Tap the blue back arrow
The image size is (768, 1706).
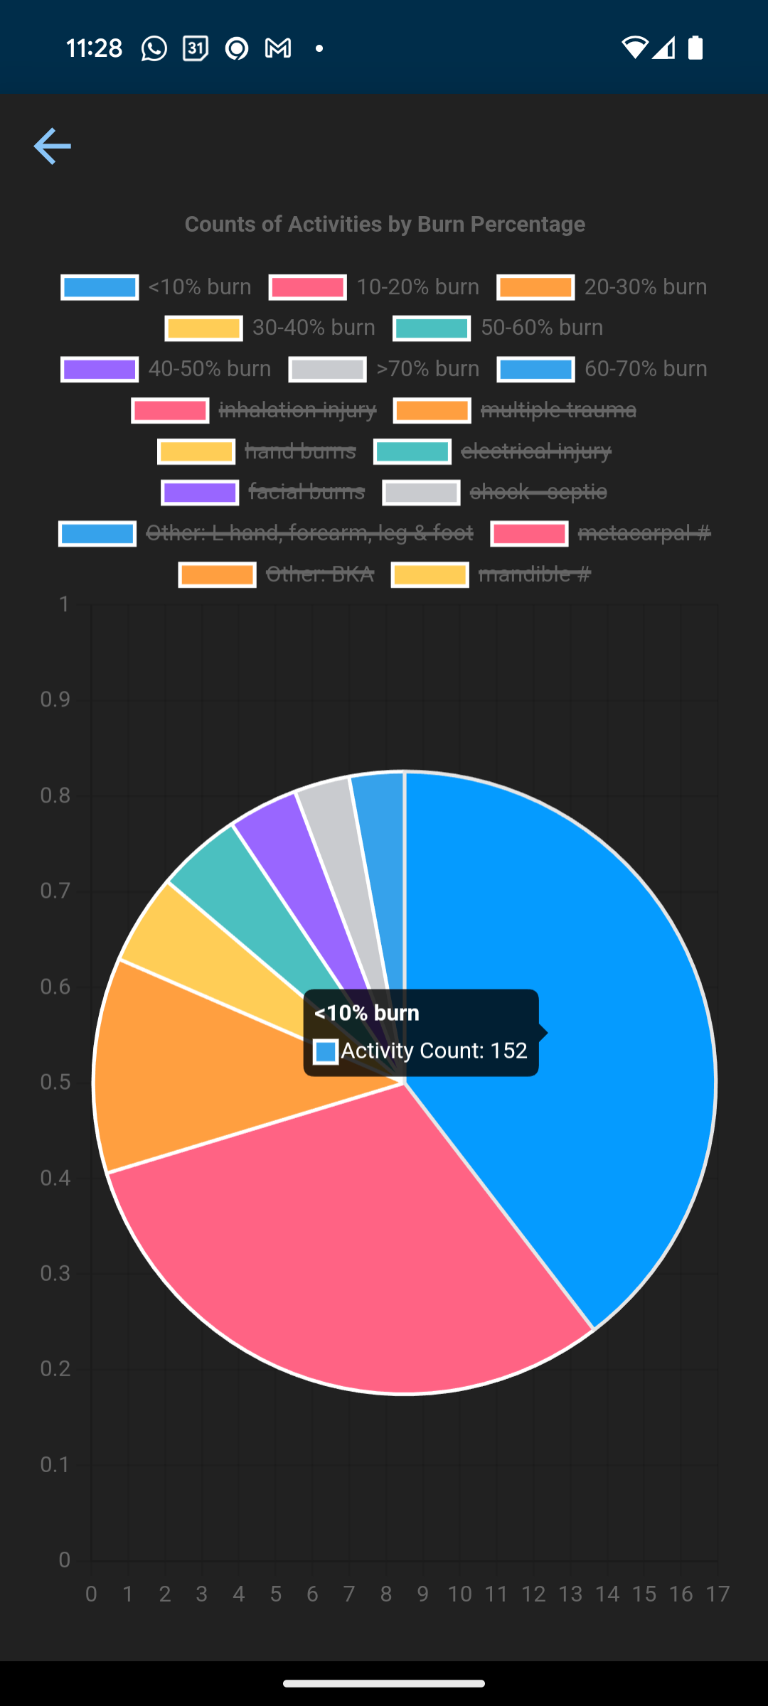pyautogui.click(x=52, y=146)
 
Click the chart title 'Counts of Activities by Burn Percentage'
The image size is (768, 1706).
pyautogui.click(x=385, y=225)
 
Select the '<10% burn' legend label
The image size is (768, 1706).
pyautogui.click(x=199, y=287)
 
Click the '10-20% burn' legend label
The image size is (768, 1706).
pyautogui.click(x=417, y=287)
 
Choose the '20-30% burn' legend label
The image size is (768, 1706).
pyautogui.click(x=645, y=287)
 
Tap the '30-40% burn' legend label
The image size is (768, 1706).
pyautogui.click(x=314, y=328)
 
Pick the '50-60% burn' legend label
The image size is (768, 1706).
pyautogui.click(x=541, y=328)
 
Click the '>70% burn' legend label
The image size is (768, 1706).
pyautogui.click(x=427, y=369)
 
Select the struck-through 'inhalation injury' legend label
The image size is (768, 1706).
pyautogui.click(x=297, y=410)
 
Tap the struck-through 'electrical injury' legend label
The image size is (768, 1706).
pyautogui.click(x=535, y=451)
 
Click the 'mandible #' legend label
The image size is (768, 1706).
pyautogui.click(x=534, y=574)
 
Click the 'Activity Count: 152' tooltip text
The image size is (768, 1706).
pyautogui.click(x=434, y=1051)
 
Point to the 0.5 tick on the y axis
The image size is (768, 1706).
pyautogui.click(x=55, y=1083)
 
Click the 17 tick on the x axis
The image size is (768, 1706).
pyautogui.click(x=718, y=1594)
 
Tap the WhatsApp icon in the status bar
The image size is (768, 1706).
pyautogui.click(x=154, y=48)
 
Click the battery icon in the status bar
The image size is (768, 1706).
pyautogui.click(x=695, y=48)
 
